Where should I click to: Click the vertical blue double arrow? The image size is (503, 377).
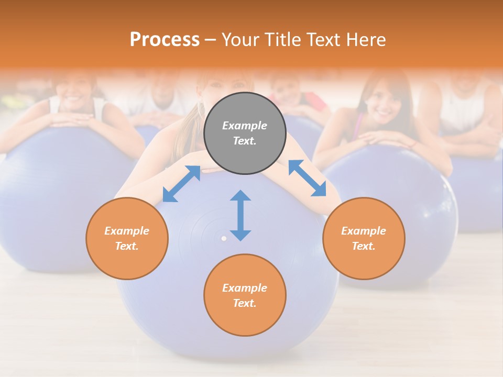[x=240, y=215]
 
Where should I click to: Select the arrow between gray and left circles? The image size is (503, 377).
[x=181, y=184]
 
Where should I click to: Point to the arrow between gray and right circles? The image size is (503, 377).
[x=307, y=178]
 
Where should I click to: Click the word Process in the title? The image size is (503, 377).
[x=165, y=40]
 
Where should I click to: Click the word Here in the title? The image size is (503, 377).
[x=366, y=40]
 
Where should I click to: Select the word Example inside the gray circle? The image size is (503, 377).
[x=245, y=126]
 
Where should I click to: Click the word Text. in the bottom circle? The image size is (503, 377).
[x=245, y=303]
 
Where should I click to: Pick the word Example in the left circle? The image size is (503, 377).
[x=127, y=231]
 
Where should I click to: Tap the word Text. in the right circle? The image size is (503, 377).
[x=364, y=246]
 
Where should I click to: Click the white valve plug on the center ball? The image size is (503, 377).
[x=224, y=238]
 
